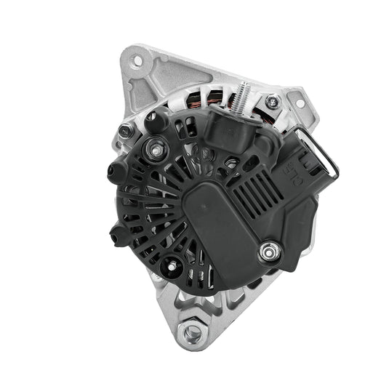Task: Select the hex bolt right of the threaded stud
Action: [273, 102]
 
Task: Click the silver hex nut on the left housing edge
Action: [126, 132]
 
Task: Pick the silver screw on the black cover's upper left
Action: [154, 149]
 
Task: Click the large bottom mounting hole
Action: [193, 333]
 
